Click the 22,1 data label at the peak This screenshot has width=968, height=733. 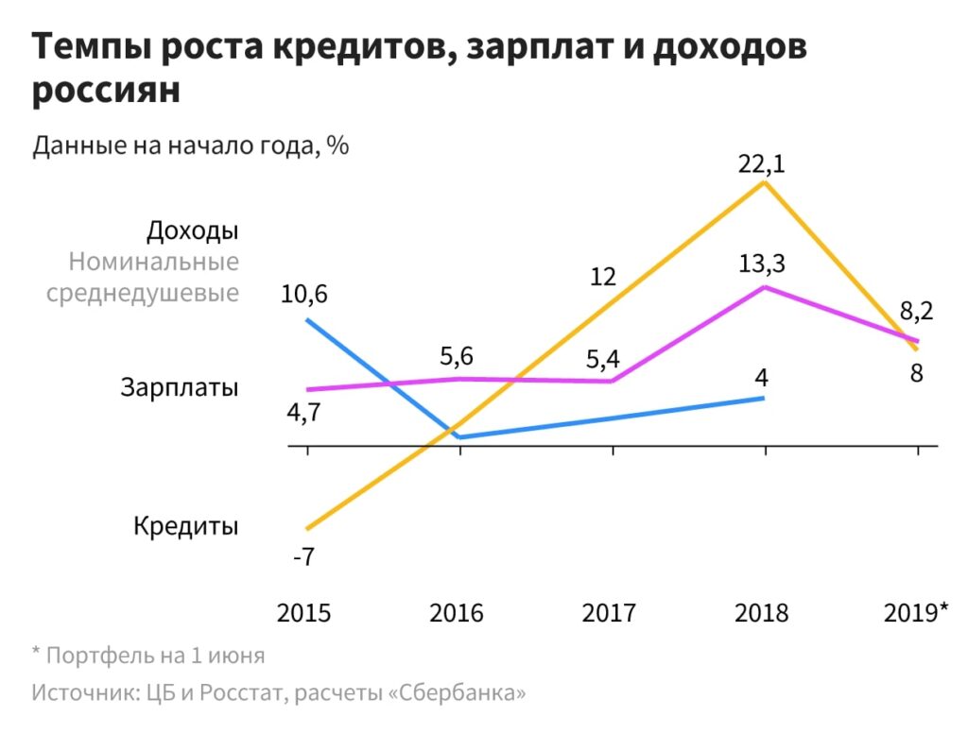click(x=762, y=163)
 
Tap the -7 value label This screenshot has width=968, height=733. click(x=303, y=556)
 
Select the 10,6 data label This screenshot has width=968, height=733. click(x=304, y=296)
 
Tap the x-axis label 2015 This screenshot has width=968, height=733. click(x=304, y=613)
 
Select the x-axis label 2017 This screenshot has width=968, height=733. click(x=610, y=613)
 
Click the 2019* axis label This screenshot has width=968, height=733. click(x=915, y=613)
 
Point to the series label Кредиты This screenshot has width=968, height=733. click(x=185, y=525)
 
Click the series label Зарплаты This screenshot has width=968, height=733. click(x=180, y=386)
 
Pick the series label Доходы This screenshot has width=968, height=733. click(x=193, y=230)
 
